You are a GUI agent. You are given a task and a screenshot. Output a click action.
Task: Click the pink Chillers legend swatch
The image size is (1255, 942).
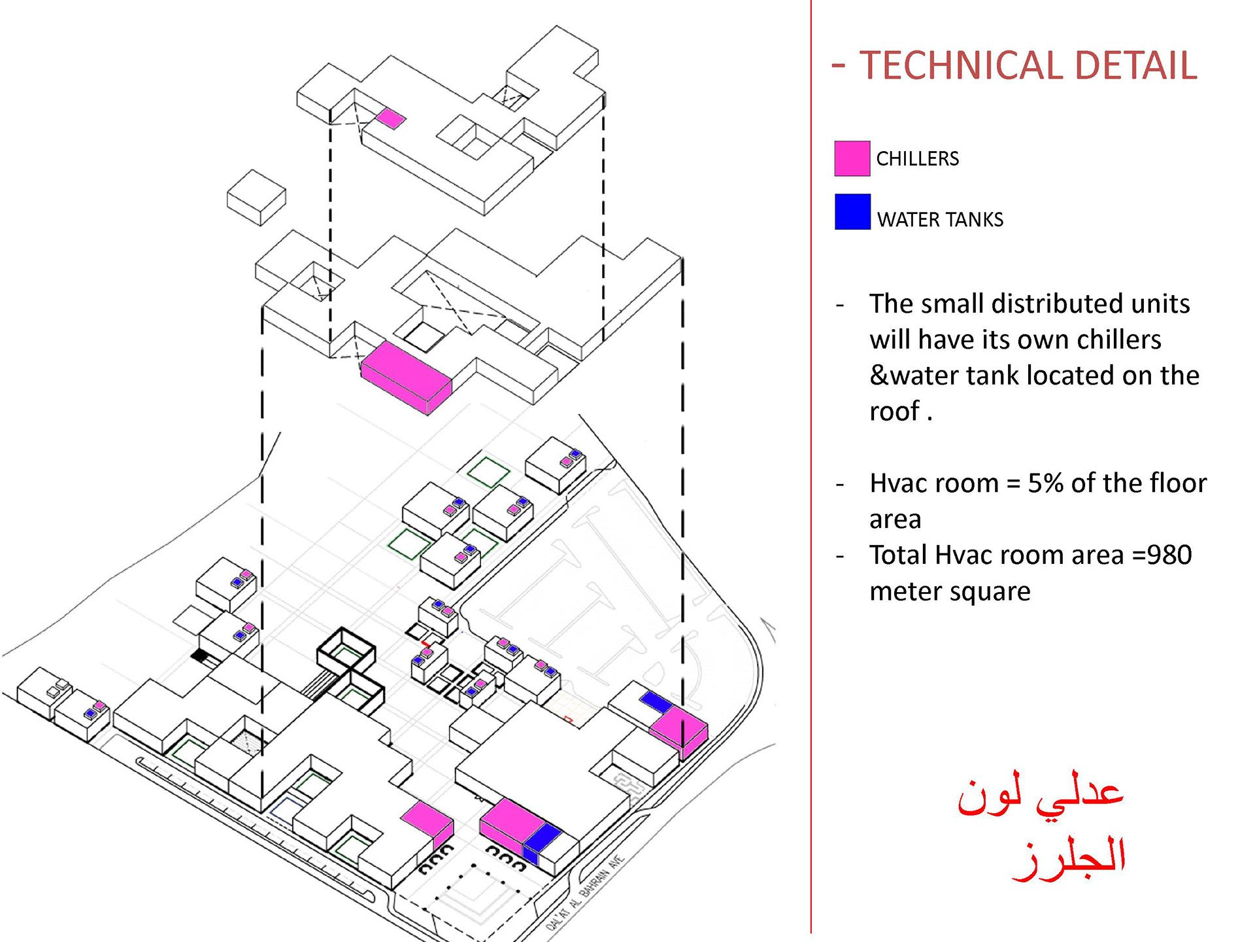pyautogui.click(x=852, y=158)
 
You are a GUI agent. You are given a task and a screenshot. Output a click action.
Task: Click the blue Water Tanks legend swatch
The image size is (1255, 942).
pyautogui.click(x=852, y=212)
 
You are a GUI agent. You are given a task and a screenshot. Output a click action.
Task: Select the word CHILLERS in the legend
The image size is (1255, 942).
pyautogui.click(x=917, y=159)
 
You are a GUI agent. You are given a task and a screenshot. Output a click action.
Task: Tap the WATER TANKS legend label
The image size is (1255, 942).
pyautogui.click(x=939, y=220)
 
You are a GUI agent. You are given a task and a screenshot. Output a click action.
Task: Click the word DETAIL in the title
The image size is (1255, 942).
pyautogui.click(x=1135, y=66)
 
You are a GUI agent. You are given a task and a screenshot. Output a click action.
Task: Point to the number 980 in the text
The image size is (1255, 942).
pyautogui.click(x=1169, y=555)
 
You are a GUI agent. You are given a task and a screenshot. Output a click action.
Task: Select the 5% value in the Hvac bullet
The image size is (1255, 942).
pyautogui.click(x=1045, y=483)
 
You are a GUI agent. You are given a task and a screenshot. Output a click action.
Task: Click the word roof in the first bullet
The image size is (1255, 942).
pyautogui.click(x=894, y=411)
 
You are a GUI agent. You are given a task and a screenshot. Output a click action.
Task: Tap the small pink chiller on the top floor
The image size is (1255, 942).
pyautogui.click(x=390, y=118)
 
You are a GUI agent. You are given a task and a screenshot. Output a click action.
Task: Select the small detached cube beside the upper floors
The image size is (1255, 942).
pyautogui.click(x=256, y=198)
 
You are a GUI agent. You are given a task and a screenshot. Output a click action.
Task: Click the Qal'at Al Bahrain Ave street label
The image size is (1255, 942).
pyautogui.click(x=586, y=892)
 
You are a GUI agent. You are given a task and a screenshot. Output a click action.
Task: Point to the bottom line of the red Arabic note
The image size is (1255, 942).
pyautogui.click(x=1069, y=858)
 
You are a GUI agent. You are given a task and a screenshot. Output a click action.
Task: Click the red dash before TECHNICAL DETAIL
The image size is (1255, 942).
pyautogui.click(x=839, y=65)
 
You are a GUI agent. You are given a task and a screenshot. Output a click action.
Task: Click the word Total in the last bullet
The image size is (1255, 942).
pyautogui.click(x=899, y=555)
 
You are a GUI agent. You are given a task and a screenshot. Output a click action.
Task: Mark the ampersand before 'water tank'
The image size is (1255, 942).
pyautogui.click(x=878, y=376)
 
